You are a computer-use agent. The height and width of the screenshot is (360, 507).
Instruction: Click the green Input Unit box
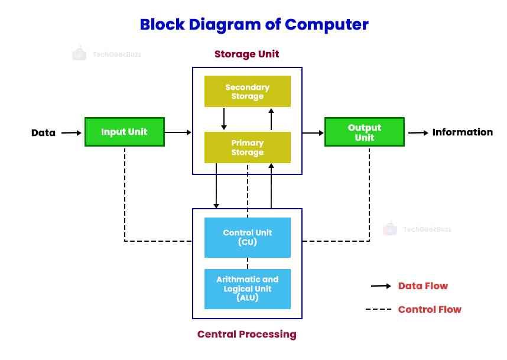124,132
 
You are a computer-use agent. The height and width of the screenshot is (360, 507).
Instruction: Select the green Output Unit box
365,132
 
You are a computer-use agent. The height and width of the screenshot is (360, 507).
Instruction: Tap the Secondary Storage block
247,92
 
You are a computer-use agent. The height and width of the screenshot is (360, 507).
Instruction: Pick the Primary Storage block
247,147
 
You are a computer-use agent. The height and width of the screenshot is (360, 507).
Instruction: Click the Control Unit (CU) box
247,237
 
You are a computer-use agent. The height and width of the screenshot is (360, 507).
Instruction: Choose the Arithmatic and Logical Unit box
247,288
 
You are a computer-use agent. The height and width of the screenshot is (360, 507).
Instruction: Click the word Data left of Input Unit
43,132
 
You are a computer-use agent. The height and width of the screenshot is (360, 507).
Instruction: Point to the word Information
462,132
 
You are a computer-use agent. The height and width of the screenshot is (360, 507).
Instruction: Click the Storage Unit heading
246,54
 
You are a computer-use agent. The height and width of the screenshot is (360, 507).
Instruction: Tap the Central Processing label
246,335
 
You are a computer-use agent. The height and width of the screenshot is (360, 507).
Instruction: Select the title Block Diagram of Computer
253,25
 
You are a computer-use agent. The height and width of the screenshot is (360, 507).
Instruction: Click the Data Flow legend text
422,286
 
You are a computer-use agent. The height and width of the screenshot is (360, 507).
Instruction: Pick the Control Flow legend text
429,309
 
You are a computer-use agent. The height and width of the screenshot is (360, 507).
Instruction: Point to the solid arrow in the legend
381,286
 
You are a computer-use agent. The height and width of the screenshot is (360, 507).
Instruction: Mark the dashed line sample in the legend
378,309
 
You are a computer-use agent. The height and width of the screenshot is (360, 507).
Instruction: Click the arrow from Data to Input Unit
71,132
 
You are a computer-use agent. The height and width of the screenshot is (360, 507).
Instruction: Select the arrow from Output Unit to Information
418,133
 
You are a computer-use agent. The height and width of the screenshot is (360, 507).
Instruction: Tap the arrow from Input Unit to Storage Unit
178,132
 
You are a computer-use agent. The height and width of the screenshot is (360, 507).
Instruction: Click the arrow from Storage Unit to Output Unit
313,133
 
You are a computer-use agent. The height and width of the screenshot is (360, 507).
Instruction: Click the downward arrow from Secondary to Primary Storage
223,119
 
